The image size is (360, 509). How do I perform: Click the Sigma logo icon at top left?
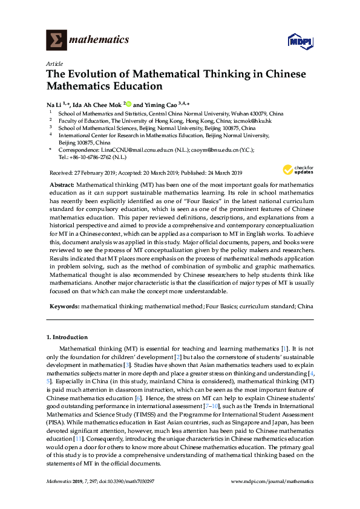56,40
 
